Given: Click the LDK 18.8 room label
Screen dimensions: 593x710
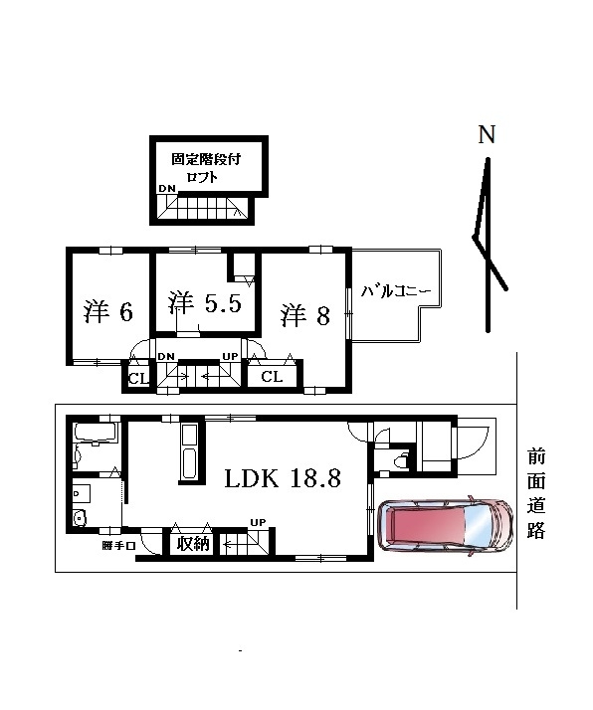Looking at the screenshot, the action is (283, 478).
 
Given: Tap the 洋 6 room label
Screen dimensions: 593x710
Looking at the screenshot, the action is (108, 311).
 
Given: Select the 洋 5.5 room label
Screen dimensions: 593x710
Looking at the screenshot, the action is (205, 302).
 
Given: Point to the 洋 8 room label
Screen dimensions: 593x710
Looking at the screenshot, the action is (304, 315).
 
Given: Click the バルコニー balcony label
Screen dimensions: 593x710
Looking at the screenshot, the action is (395, 291).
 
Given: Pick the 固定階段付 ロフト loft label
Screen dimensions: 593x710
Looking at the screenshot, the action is (206, 167).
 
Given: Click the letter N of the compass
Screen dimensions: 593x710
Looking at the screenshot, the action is (487, 134).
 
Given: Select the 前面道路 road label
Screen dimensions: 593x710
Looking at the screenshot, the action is (536, 493).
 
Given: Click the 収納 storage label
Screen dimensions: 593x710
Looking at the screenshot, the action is (193, 543).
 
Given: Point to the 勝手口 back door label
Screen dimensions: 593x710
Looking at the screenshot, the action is (118, 546).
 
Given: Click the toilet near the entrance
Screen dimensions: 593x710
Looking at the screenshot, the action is (400, 460).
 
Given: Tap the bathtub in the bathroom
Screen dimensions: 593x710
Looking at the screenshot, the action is (96, 432).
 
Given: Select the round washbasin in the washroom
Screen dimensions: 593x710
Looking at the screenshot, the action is (81, 517).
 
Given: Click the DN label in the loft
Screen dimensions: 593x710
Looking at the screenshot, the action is (167, 189).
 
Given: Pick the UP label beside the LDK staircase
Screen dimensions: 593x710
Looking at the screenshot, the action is (259, 522).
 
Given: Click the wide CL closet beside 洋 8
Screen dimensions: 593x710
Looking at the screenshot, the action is (272, 376).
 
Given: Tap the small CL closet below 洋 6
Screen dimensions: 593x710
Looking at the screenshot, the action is (138, 378).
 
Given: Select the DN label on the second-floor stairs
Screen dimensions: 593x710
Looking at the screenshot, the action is (166, 356).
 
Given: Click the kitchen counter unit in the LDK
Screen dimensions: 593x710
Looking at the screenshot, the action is (189, 452).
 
